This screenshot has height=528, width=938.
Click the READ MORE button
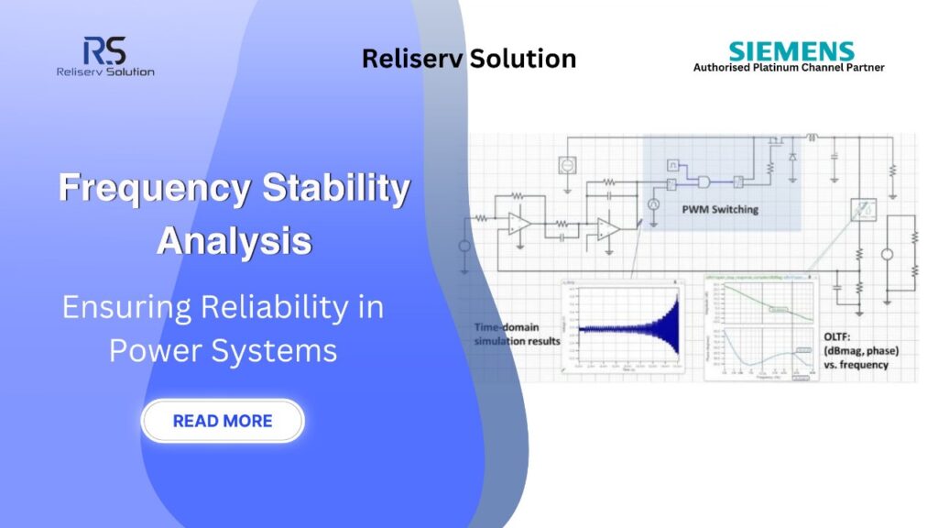tap(222, 421)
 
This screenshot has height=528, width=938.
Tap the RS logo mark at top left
tap(104, 50)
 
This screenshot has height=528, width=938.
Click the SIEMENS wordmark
tap(791, 51)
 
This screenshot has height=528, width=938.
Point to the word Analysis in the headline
tap(234, 240)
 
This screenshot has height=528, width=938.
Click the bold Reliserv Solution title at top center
tap(468, 59)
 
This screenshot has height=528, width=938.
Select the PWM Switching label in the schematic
tap(719, 209)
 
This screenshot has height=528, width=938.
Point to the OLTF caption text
tap(856, 349)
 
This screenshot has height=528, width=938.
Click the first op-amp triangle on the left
tap(519, 223)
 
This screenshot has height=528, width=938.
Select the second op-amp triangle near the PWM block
tap(606, 227)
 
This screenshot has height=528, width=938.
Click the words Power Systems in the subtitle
tap(223, 350)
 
